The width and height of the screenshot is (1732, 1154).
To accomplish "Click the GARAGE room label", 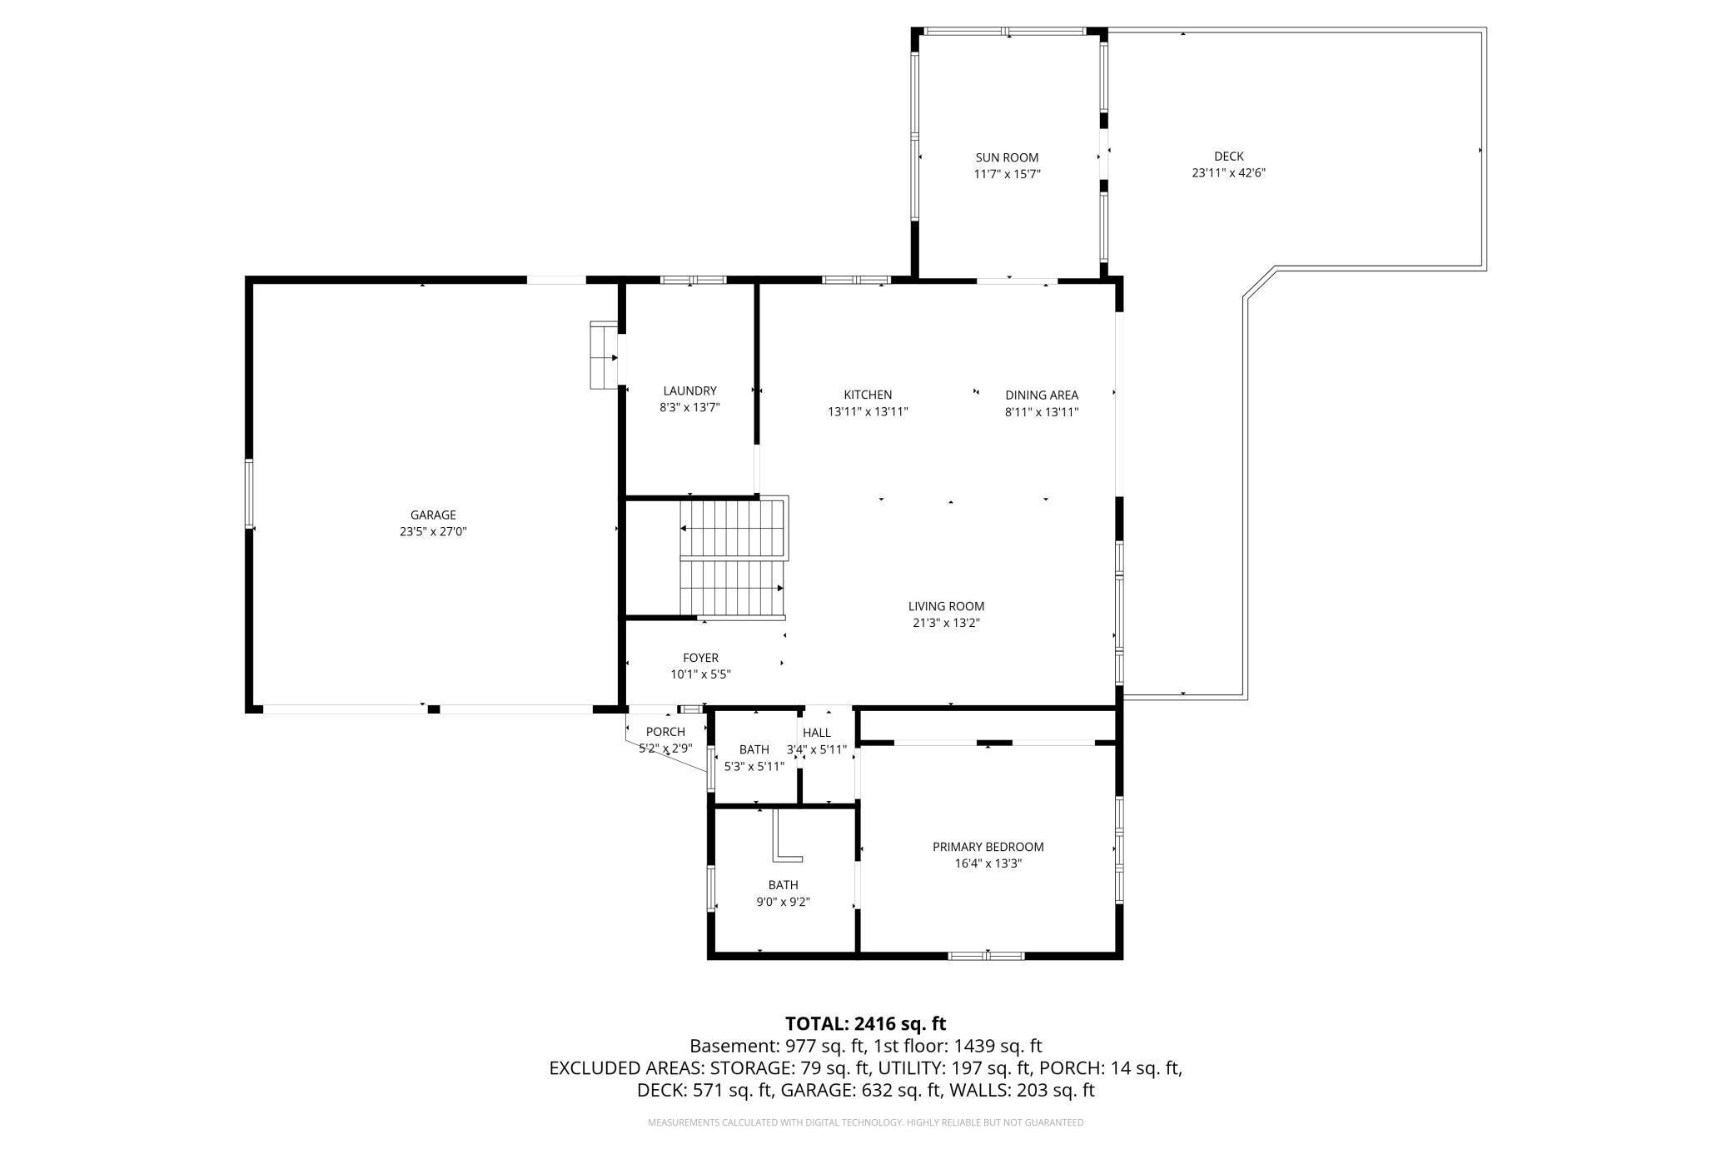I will coord(432,515).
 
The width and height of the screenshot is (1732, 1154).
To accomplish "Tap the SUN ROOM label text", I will coord(1007,157).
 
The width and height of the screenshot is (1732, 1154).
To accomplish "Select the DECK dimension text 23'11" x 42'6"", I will coord(1228,173).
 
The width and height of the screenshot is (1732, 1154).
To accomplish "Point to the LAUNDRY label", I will coord(689,390).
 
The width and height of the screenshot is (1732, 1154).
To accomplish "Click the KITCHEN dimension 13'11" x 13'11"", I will coord(868,411).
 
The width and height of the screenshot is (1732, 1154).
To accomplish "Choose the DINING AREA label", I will coord(1041,395).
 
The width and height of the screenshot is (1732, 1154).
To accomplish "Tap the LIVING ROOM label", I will coord(946,606).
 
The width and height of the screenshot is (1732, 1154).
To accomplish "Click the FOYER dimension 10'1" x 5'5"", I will coord(700,674).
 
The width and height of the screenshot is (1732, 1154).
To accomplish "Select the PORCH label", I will coord(665,732).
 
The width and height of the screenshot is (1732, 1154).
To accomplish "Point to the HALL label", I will coord(816,733).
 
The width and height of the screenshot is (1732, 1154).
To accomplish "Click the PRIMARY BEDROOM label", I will coord(988,847).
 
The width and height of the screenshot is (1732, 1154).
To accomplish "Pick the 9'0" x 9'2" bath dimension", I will coord(783,902).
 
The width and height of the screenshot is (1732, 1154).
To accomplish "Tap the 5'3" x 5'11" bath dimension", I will coord(754,766).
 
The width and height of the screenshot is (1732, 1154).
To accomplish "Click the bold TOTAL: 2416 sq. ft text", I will coord(865,1023).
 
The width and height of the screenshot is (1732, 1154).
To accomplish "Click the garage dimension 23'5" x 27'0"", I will coord(432,531).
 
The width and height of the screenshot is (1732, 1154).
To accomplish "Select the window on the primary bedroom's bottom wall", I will coord(987,955).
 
